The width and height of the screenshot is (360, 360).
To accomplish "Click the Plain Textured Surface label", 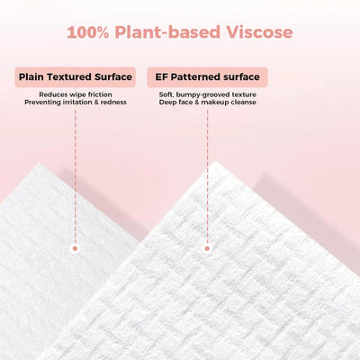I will [x=76, y=77].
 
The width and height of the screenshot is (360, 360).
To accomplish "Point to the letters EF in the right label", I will [x=163, y=77].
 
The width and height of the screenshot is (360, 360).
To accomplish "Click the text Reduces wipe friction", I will [x=76, y=94].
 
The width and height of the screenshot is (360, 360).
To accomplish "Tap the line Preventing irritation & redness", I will [x=76, y=102].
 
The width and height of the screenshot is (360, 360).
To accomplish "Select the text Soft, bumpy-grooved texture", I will [x=207, y=94].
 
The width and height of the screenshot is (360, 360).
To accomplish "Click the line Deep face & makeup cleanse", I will [x=207, y=102].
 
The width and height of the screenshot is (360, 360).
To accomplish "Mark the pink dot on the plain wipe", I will [x=76, y=247].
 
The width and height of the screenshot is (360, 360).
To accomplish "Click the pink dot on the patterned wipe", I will [x=207, y=247].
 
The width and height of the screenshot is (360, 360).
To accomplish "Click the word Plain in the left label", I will [x=34, y=77].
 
